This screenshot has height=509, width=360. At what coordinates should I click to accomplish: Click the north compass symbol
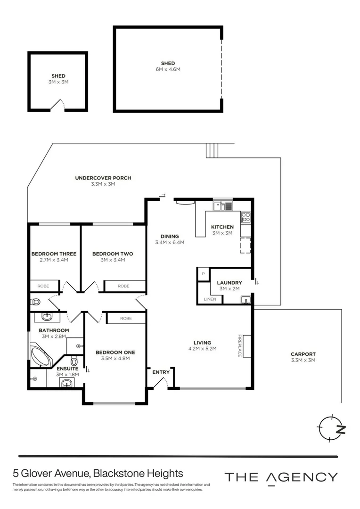coord(331,428)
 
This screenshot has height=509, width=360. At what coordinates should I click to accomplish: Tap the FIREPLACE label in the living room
coord(240,346)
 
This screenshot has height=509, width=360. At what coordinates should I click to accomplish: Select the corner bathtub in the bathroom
coord(41,357)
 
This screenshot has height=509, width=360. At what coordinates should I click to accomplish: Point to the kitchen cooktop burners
coord(246,217)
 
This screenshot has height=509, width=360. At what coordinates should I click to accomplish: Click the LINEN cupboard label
coord(210,299)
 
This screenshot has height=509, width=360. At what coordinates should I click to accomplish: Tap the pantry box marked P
coord(203,274)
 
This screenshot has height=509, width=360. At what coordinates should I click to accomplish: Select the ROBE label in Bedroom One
coord(126,319)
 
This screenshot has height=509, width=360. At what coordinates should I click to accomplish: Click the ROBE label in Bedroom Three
coord(43,286)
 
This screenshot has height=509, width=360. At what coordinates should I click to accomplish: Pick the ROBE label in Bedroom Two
coord(123,286)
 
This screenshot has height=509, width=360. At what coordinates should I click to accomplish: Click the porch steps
coord(212,150)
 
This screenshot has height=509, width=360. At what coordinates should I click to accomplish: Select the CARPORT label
coord(303,354)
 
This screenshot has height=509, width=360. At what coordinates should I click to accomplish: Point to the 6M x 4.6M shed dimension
coord(168,69)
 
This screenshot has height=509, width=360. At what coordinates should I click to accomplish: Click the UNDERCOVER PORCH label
coord(103,178)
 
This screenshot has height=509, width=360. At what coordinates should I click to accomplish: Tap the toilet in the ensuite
coord(74,361)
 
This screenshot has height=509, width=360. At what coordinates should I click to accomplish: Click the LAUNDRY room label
coord(229,283)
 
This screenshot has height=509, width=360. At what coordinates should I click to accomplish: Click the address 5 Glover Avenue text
coord(51,473)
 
